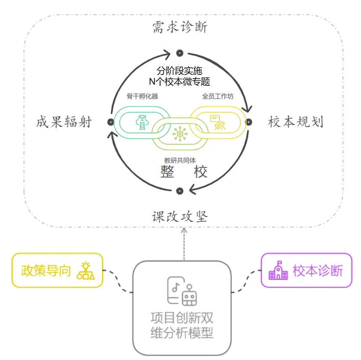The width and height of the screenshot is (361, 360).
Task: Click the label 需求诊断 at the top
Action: pos(180,27)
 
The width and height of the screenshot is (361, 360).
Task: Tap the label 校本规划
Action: pos(295,122)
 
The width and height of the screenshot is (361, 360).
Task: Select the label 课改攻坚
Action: pos(180,217)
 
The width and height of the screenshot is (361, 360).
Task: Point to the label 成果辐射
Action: pos(64,122)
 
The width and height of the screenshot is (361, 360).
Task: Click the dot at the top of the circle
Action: pos(180,53)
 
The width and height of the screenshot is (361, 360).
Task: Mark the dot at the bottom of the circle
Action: pos(180,191)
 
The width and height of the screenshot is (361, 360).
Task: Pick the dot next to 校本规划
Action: pos(249,122)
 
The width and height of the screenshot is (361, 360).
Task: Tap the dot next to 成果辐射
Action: pos(111,122)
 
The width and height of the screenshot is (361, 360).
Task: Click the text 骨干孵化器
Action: pos(142,96)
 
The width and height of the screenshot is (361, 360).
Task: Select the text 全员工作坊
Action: pos(218,96)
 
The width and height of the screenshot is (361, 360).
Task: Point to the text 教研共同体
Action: pos(180,160)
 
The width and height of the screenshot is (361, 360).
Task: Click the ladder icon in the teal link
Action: pos(142,122)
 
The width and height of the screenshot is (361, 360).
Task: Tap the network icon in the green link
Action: pos(180,134)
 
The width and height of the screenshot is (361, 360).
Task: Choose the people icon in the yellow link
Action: pos(218,122)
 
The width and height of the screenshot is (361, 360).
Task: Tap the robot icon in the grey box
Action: pos(189,295)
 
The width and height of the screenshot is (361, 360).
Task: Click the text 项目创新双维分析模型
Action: pos(182,325)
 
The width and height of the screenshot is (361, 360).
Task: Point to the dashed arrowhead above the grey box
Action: pos(184,230)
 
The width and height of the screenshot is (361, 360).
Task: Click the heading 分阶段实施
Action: pos(179,71)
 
